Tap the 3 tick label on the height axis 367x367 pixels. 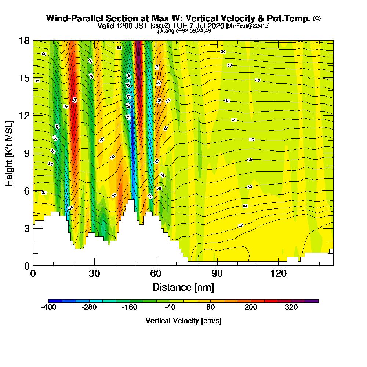[26, 228]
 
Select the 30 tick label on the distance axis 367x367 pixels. [94, 273]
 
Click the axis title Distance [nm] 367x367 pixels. [183, 287]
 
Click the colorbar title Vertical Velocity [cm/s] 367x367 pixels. [183, 321]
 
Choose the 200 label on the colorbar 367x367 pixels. [251, 308]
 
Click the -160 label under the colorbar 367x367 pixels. [130, 308]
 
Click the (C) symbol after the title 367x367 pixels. [317, 18]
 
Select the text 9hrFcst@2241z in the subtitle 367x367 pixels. [248, 26]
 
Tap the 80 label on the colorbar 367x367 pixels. [211, 308]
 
